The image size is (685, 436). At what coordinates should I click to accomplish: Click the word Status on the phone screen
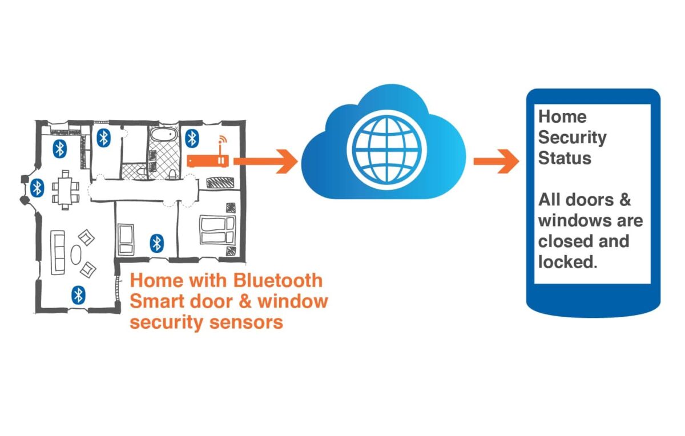(564, 158)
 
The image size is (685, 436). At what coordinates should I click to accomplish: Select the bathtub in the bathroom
(162, 138)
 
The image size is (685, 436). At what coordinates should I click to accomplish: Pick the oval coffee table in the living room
(76, 254)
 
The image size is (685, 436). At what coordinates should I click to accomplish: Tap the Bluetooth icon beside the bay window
(37, 187)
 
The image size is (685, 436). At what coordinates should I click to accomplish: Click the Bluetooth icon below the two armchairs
(78, 294)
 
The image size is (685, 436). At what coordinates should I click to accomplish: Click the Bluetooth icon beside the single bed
(156, 243)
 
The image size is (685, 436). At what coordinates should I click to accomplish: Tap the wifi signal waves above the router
(222, 141)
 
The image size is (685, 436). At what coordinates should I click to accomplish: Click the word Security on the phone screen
(572, 138)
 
